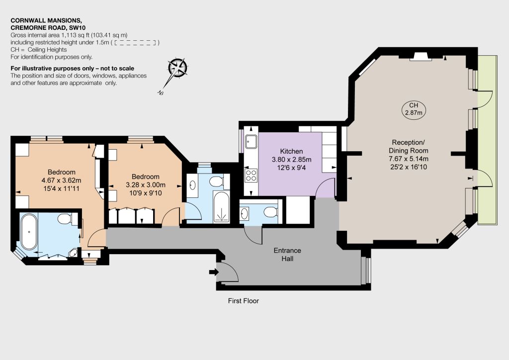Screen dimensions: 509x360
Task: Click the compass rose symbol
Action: coord(177,68)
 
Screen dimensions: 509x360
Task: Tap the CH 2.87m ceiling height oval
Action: coord(414,109)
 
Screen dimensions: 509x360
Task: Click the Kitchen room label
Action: coord(291,151)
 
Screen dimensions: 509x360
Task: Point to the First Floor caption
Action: coord(244,301)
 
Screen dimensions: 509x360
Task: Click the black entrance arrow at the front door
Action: coord(214,272)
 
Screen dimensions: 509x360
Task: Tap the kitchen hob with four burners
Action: coord(251,176)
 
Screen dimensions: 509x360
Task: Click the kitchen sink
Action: coord(251,142)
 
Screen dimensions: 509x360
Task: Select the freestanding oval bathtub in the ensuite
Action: coord(29,232)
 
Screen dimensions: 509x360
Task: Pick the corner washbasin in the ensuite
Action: coord(74,253)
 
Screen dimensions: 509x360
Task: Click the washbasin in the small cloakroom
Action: coord(245,213)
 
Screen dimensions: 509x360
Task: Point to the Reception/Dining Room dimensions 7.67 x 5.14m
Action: coord(409,159)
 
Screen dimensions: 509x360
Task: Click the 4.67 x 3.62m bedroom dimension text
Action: coord(61,180)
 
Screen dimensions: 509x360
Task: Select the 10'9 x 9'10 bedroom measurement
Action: coord(146,193)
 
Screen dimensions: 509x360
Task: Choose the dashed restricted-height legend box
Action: coord(136,43)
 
